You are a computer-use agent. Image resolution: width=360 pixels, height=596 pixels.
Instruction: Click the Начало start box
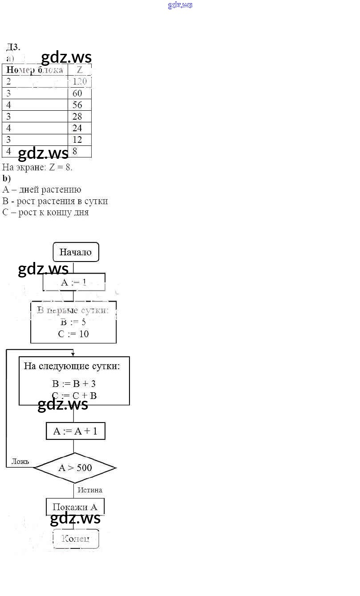pos(76,252)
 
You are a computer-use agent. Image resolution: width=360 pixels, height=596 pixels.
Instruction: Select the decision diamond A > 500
pos(75,467)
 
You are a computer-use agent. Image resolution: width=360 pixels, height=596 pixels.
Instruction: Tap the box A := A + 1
pos(75,431)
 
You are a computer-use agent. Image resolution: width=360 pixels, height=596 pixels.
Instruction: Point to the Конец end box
pos(76,539)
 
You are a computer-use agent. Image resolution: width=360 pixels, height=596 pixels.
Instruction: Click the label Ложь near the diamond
pos(20,461)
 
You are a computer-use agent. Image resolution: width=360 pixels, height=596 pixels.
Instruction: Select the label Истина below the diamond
pos(90,490)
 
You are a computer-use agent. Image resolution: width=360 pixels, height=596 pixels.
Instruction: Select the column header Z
pos(80,70)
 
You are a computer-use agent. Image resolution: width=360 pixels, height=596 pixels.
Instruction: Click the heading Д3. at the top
pos(13,47)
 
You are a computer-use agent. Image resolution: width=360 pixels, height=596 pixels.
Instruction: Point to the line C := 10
pos(73,334)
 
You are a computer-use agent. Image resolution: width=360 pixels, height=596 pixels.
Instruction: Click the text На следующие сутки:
pos(72,366)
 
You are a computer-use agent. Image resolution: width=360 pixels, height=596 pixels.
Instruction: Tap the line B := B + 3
pos(74,384)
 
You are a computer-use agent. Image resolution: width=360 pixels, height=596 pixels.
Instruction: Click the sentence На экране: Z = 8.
pos(37,167)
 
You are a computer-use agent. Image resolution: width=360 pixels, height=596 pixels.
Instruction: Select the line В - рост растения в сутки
pos(55,201)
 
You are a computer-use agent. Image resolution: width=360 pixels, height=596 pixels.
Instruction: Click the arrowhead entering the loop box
pos(73,354)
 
